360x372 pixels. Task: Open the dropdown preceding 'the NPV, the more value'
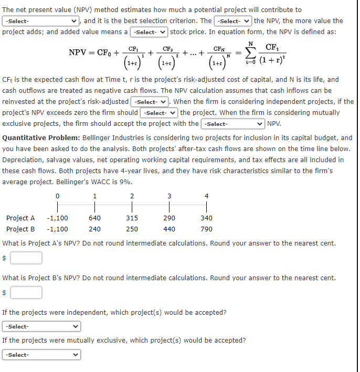pos(232,21)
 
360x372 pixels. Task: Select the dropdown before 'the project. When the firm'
pos(158,113)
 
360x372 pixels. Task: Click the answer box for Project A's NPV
pos(26,258)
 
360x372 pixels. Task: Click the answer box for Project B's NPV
pos(26,292)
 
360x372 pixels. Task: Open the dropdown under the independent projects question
pos(42,326)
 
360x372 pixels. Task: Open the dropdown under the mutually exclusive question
pos(42,355)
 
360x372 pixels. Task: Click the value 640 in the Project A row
pos(95,218)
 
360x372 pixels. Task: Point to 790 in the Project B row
pos(206,229)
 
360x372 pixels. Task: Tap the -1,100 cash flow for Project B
pos(57,229)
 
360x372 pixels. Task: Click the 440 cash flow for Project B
pos(169,229)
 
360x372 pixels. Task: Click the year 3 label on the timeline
pos(169,196)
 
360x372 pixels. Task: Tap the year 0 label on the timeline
pos(57,196)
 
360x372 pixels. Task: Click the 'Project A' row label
pos(20,218)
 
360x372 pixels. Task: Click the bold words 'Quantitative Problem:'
pos(42,138)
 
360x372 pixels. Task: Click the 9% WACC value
pos(126,182)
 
